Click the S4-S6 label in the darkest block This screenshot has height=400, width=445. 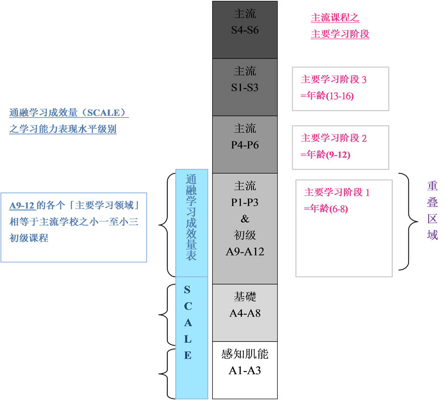coord(245,30)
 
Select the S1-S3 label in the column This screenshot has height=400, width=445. coord(245,88)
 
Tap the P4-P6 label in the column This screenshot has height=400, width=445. coord(245,145)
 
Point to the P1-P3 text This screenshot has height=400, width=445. coord(245,202)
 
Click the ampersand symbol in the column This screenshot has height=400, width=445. coord(245,219)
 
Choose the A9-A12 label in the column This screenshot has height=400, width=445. coord(245,252)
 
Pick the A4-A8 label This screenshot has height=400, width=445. coord(245,313)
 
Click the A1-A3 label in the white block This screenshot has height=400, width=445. coord(245,370)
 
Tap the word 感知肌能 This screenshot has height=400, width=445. coord(245,354)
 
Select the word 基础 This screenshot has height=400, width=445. coord(245,297)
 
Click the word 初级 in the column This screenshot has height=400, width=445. coord(245,235)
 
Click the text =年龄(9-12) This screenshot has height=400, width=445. coord(326,155)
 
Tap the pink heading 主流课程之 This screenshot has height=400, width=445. coord(335,18)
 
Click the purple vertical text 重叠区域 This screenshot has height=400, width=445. coord(432,211)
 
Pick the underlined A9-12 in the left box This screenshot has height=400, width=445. coord(22,206)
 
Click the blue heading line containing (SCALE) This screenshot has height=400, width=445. coord(69,113)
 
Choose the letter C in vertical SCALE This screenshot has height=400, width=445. coord(187,306)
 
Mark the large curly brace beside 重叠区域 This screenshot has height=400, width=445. coord(406,221)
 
